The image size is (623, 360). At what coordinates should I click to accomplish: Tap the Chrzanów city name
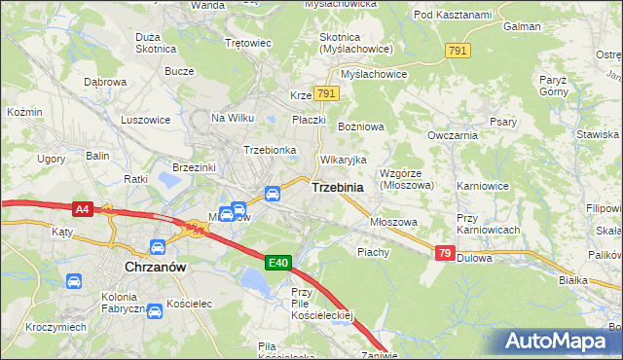155,265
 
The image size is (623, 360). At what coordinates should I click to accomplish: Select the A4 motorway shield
83,207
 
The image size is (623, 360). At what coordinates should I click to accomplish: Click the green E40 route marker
278,262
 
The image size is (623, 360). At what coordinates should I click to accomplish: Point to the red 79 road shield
444,253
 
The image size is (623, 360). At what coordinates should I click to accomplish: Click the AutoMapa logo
561,342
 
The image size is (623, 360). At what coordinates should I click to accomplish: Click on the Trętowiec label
247,44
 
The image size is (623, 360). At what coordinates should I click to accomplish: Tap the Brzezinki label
193,167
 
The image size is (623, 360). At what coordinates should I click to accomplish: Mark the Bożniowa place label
361,127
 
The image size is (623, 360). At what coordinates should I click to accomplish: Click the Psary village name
502,122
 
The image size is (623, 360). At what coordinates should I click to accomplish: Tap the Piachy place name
373,251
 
